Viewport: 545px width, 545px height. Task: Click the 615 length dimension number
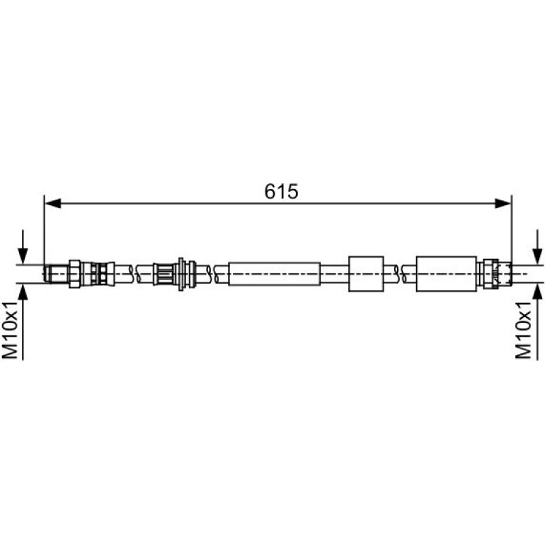click(281, 192)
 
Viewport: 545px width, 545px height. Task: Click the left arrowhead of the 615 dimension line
click(53, 204)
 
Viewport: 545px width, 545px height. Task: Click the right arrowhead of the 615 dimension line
click(503, 204)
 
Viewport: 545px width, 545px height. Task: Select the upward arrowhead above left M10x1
click(23, 292)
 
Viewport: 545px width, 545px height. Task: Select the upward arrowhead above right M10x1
click(537, 292)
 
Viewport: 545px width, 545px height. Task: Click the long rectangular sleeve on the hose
click(274, 274)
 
